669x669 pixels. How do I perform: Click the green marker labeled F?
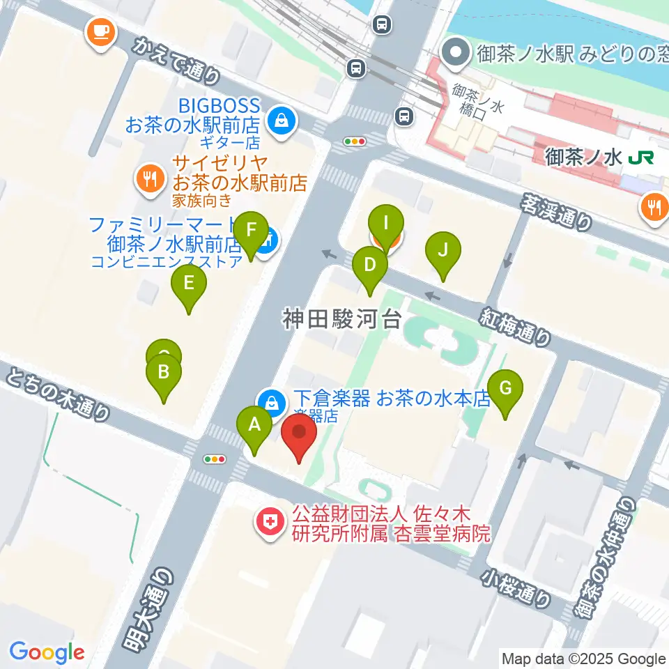(251, 231)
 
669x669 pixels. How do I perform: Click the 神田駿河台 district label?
(341, 319)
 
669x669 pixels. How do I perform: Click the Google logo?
(47, 652)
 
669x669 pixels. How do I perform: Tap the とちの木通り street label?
(59, 396)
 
